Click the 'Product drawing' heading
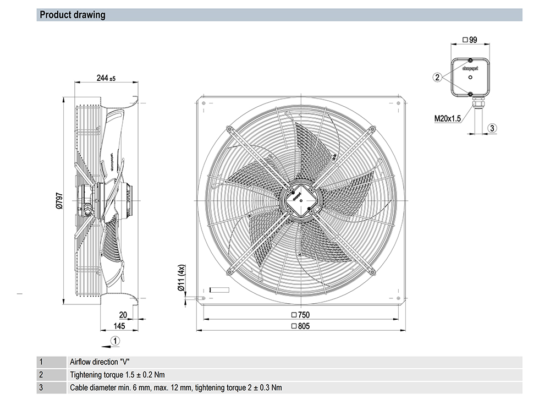tap(73, 15)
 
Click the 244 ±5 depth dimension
tap(106, 78)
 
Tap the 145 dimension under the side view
tap(119, 326)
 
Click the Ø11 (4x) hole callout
tap(180, 279)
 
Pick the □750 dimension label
tap(300, 315)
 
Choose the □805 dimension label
tap(300, 326)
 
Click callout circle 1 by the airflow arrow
tap(114, 341)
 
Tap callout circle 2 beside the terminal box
tap(437, 78)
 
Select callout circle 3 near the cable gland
tap(493, 128)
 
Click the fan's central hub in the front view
tap(300, 198)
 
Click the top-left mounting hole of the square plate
tap(205, 103)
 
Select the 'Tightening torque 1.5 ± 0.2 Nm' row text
tap(117, 375)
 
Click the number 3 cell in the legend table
tap(41, 387)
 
